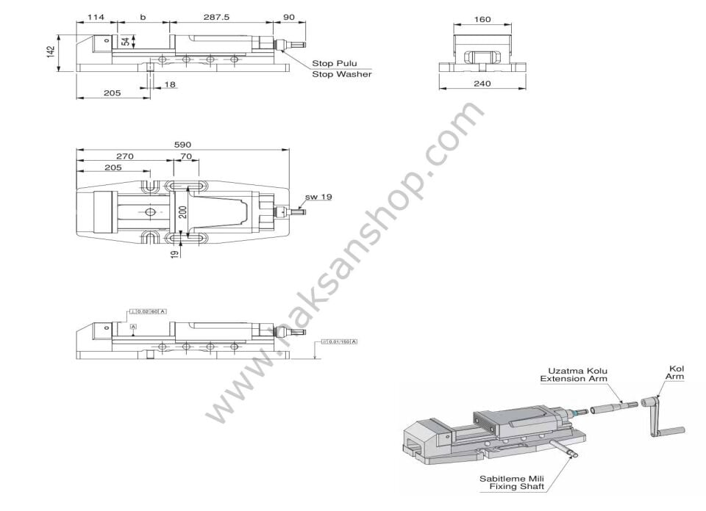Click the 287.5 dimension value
coord(218,16)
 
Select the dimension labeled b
coord(143,16)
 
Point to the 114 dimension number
coord(95,16)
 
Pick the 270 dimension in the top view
coord(124,156)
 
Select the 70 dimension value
coord(185,156)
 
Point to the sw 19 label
coord(318,197)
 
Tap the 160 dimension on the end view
coord(482,19)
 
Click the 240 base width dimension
coord(482,84)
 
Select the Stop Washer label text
coord(341,74)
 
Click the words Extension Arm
coord(575,379)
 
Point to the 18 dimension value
coord(170,85)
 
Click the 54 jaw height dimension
coord(126,42)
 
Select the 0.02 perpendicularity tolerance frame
coord(147,312)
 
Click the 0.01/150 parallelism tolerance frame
coord(339,342)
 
